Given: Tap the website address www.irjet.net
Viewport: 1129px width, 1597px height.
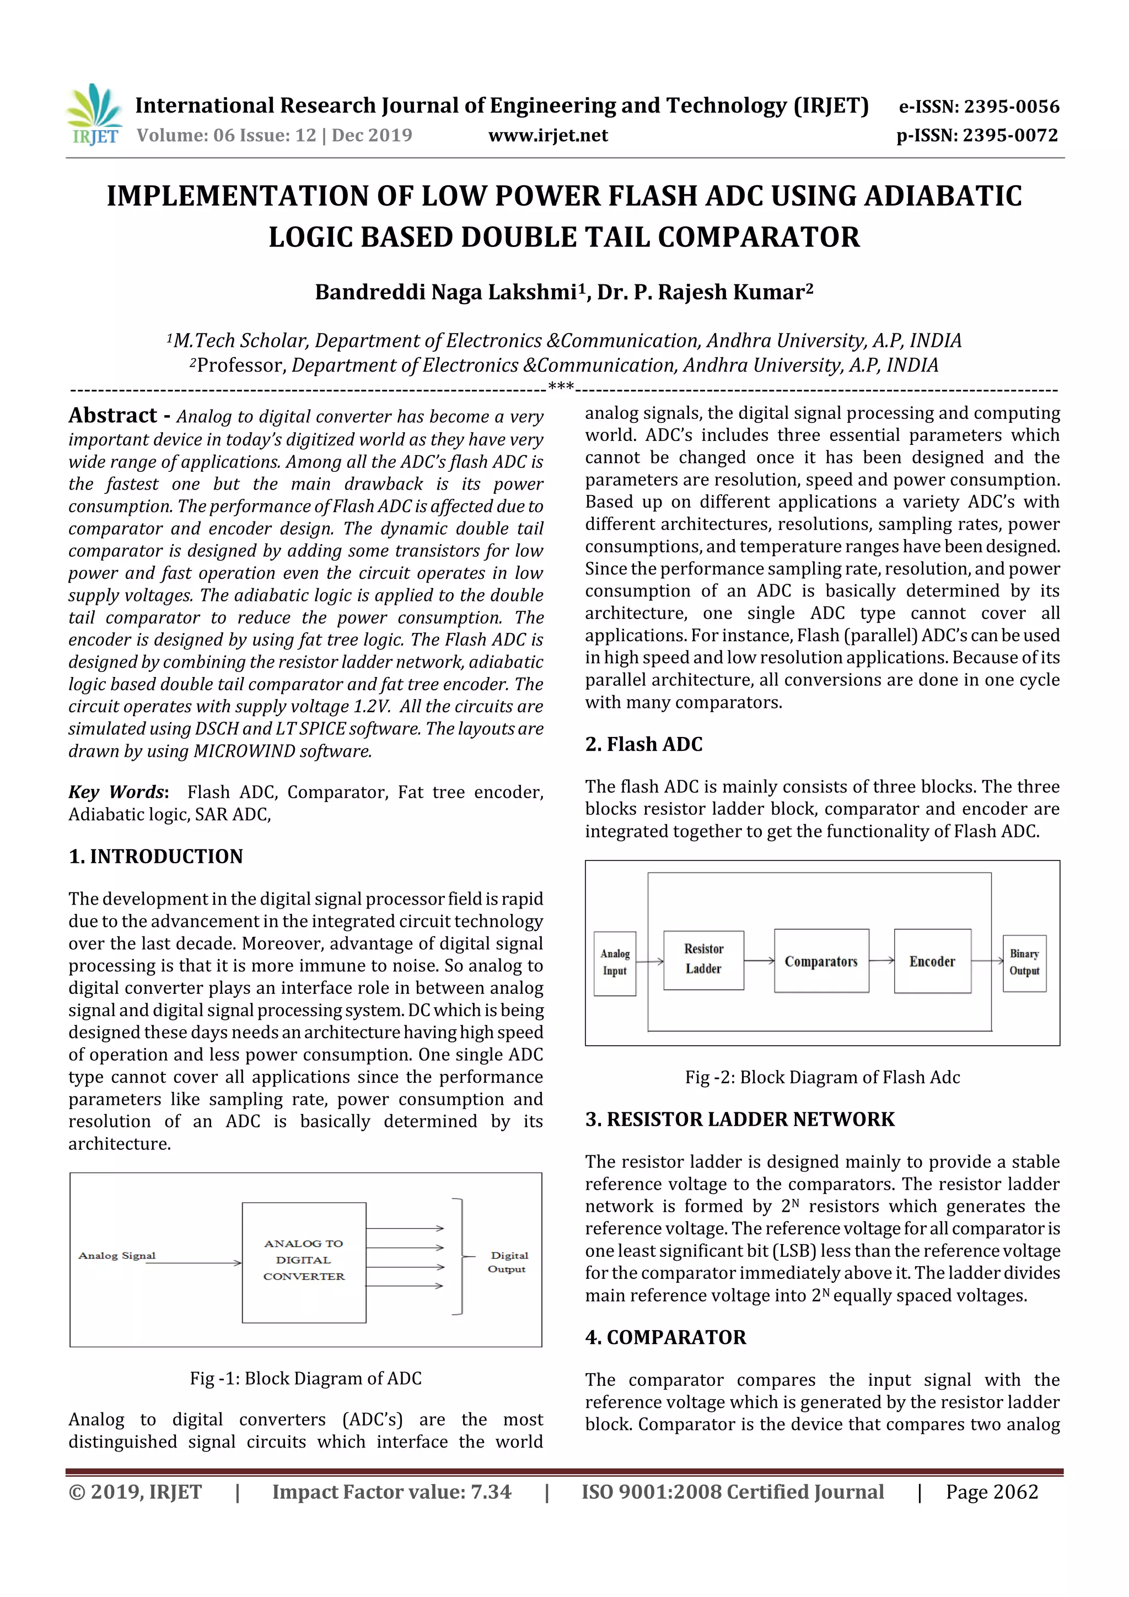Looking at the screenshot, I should coord(547,136).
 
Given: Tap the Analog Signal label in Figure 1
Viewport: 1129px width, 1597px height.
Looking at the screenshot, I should coord(117,1255).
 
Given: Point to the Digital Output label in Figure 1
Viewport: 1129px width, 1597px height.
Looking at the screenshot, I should coord(508,1262).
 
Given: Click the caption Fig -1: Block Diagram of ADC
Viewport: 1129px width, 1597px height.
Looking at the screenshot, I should coord(305,1378).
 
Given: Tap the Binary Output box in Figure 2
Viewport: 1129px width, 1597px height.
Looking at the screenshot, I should coord(1024,962).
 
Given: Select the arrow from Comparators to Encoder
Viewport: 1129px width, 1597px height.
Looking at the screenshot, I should coord(881,960).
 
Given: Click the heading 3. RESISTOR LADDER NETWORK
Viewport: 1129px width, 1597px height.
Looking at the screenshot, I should coord(739,1119).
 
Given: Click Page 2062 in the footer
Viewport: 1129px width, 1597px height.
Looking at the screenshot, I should coord(991,1491).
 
